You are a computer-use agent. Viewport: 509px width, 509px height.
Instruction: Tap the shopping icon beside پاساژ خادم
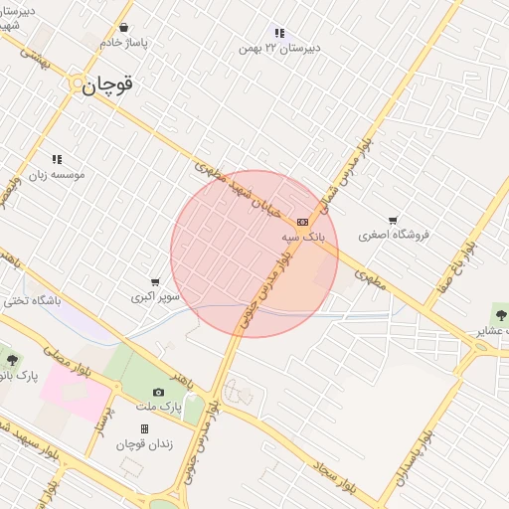[x=123, y=28]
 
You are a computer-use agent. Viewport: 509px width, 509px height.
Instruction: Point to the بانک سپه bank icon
[x=302, y=222]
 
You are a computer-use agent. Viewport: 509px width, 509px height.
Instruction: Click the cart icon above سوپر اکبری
[x=155, y=282]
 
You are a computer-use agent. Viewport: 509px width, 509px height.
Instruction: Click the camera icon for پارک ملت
[x=158, y=393]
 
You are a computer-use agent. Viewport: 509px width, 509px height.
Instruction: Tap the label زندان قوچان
[x=144, y=443]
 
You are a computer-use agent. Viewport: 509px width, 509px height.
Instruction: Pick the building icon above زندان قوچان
[x=144, y=428]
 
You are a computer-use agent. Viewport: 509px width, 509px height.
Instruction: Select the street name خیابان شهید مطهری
[x=242, y=189]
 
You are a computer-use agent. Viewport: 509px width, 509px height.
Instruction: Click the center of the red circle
[x=254, y=254]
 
